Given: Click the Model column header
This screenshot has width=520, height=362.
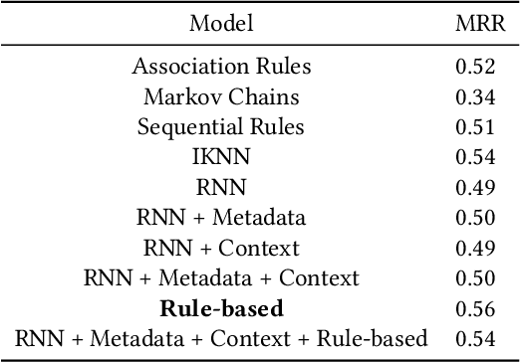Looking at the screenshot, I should [222, 23].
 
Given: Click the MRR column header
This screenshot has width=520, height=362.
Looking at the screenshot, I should [474, 23].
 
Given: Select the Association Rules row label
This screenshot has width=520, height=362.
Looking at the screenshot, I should [221, 67].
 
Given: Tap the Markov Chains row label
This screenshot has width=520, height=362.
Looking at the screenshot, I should [221, 96].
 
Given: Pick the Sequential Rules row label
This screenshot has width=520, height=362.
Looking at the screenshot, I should [221, 127].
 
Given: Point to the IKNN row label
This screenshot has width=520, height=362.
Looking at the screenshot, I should [221, 157].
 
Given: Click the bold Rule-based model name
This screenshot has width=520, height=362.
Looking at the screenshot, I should [221, 308].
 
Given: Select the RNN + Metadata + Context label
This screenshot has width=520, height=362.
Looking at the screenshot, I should [221, 278].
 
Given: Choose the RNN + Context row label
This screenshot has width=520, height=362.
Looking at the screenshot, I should [221, 248].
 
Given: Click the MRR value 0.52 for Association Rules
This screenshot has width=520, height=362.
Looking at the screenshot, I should [474, 67].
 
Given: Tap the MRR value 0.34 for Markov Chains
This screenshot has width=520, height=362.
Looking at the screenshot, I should [474, 96].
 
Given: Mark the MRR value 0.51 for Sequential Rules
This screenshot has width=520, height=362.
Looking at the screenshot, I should [474, 127].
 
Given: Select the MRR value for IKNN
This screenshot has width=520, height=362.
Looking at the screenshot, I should [474, 157].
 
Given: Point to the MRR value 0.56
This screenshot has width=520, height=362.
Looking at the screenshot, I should [474, 308].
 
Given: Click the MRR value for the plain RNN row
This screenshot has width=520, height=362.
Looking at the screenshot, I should [474, 188].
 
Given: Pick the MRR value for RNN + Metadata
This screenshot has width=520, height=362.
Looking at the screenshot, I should [474, 218].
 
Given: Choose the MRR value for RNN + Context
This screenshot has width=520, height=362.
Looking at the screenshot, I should [474, 248].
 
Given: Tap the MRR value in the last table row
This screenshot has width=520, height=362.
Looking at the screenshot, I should [474, 339].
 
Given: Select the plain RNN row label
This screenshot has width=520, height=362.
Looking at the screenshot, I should [221, 188].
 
